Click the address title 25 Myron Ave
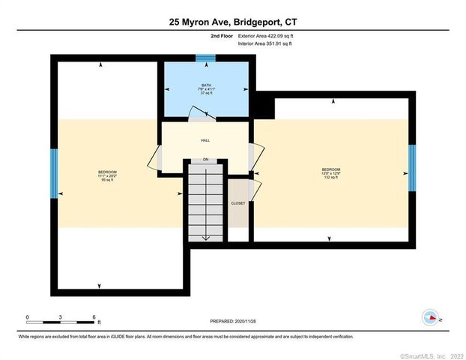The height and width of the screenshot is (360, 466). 232,23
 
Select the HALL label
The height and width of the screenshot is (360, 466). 205,140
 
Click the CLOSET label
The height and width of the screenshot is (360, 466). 237,203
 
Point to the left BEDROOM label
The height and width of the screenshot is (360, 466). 107,172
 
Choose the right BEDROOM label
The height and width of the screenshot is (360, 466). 331,169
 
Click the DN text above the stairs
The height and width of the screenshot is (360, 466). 205,160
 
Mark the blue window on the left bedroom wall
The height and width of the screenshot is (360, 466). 54,173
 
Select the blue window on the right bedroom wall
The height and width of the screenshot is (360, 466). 412,168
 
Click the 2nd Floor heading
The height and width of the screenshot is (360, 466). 222,35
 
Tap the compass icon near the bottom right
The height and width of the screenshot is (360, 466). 430,317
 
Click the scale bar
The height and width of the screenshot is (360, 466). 60,322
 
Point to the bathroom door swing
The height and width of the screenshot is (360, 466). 200,113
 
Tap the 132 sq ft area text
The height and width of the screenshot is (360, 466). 331,178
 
